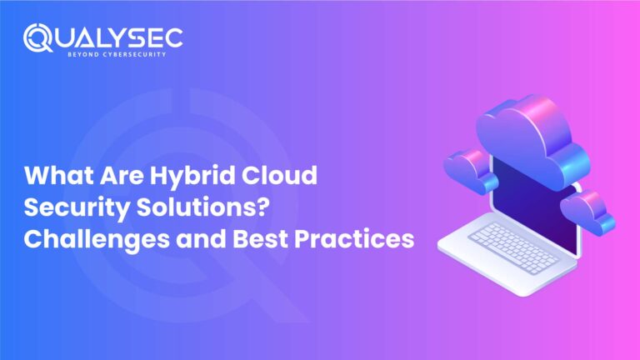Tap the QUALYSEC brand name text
click(x=113, y=37)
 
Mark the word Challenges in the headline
click(x=89, y=239)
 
